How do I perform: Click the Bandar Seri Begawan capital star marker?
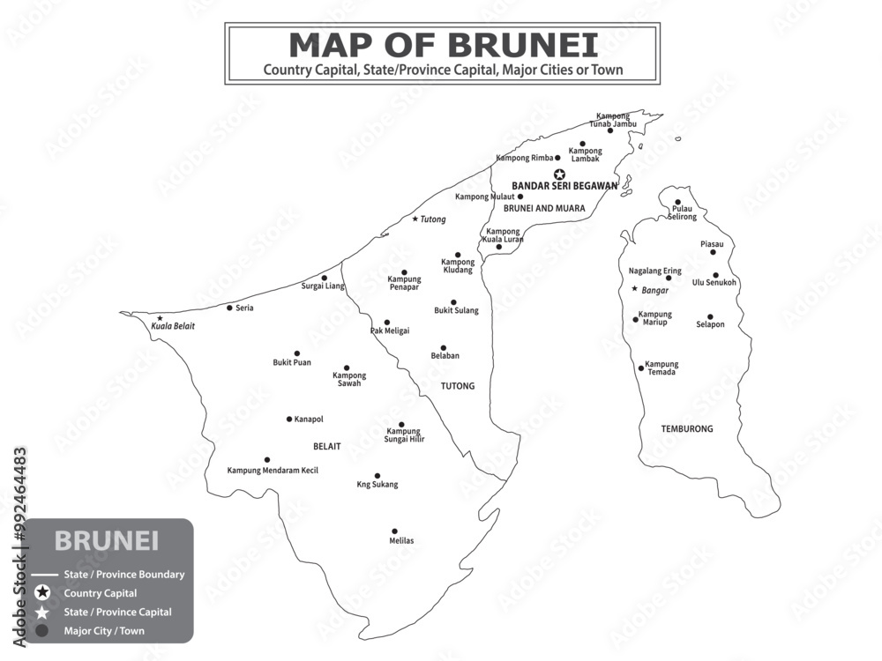click(559, 175)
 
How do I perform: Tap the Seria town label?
click(244, 308)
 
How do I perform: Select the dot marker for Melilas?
click(394, 531)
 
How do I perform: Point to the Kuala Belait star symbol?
click(160, 318)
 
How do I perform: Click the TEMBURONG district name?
click(687, 429)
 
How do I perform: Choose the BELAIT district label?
click(326, 447)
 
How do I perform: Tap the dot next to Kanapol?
click(289, 419)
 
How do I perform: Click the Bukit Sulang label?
click(456, 310)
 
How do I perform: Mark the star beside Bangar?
click(634, 289)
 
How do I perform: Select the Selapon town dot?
click(710, 316)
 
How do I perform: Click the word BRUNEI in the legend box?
click(107, 540)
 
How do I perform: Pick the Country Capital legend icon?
click(41, 593)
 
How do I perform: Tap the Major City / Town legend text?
click(104, 631)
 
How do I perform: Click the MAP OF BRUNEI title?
click(443, 44)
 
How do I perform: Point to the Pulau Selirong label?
click(682, 212)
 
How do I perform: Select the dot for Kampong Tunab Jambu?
click(609, 130)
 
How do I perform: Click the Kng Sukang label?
click(377, 485)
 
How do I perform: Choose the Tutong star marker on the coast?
click(415, 219)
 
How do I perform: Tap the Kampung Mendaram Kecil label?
click(273, 471)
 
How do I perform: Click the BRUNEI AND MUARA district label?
click(544, 209)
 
